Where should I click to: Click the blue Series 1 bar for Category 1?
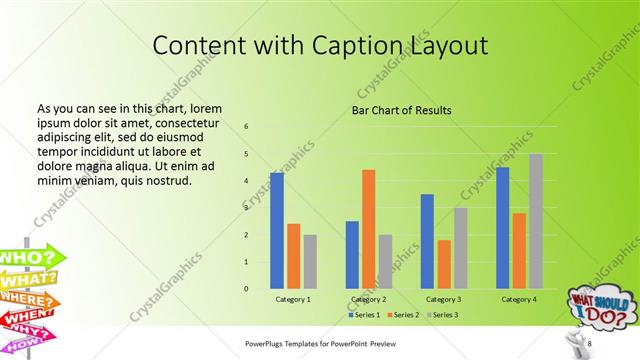point(277,231)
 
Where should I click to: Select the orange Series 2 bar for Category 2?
point(368,229)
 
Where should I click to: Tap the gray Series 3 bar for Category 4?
point(536,221)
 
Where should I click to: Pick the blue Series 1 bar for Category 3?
point(427,241)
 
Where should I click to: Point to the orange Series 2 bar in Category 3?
point(444,264)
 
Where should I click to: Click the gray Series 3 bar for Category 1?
point(310,262)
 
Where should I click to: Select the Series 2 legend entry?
point(400,315)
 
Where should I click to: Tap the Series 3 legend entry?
point(442,315)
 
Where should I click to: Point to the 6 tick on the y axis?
point(246,127)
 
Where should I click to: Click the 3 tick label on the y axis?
point(246,208)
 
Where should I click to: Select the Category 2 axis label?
point(368,299)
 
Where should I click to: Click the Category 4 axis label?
point(518,299)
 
